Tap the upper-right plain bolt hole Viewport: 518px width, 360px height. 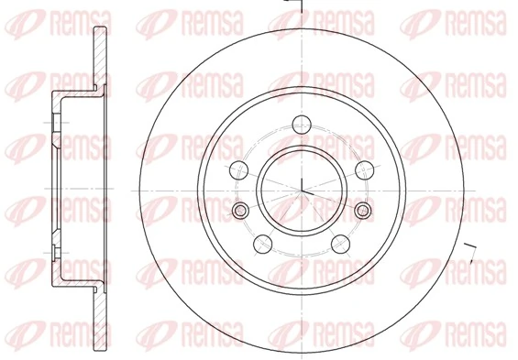pos(364,167)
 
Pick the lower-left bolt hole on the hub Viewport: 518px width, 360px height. pos(262,242)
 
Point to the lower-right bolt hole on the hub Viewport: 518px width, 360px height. pos(340,242)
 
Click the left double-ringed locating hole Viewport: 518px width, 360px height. pos(241,212)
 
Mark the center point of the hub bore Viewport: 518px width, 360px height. pos(302,189)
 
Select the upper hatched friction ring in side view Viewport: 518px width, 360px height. pos(96,55)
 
